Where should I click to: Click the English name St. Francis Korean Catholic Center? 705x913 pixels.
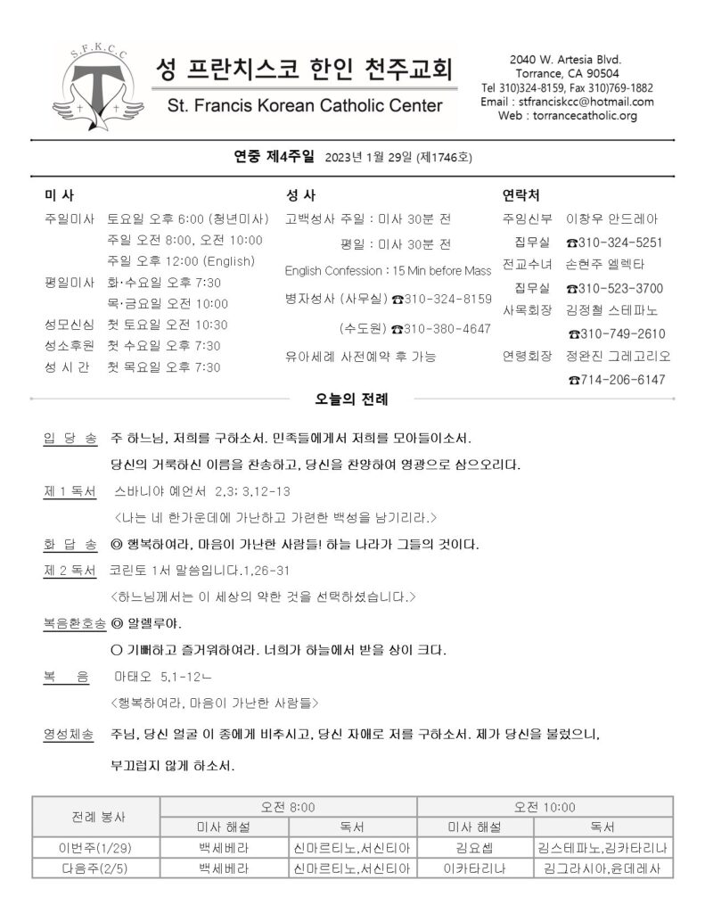304,106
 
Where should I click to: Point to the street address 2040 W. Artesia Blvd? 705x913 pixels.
566,59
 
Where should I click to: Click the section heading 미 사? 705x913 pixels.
60,195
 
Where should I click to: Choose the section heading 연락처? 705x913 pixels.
521,195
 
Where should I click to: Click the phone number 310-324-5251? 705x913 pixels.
614,243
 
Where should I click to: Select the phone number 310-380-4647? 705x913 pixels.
441,328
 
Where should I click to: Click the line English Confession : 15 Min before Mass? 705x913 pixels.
388,270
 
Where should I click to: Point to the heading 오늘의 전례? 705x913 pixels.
352,399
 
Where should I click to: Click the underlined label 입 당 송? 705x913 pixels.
70,440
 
